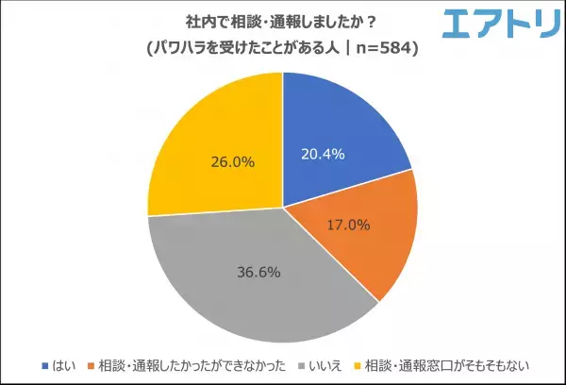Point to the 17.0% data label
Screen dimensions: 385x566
[349, 226]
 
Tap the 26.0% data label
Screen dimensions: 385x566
[232, 161]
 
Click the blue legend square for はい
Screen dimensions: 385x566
[45, 364]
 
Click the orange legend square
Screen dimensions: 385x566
[92, 364]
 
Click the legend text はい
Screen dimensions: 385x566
[64, 364]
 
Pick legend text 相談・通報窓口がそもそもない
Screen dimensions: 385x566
[447, 364]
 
